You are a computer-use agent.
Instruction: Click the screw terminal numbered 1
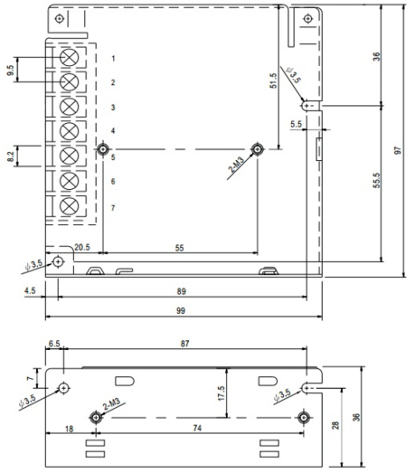[x=69, y=57]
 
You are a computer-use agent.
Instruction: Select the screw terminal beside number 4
[x=69, y=131]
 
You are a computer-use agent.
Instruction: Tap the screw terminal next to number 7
[x=69, y=206]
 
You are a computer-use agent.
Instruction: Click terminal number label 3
[x=113, y=107]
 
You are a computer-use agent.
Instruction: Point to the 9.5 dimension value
[x=11, y=70]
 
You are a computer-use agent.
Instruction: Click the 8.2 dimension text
[x=11, y=156]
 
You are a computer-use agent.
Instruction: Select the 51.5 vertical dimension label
[x=273, y=81]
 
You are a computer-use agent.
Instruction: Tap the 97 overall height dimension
[x=398, y=150]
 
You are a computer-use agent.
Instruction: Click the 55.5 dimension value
[x=376, y=180]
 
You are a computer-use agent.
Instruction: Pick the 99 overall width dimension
[x=180, y=310]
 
